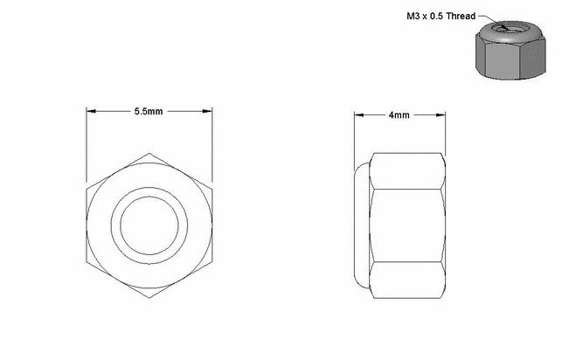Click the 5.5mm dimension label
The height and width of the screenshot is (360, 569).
(x=149, y=112)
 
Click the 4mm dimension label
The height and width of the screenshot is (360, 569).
(x=399, y=115)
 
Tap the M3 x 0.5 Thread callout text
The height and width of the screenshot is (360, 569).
(x=441, y=16)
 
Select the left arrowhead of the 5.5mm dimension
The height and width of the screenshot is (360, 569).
(x=91, y=111)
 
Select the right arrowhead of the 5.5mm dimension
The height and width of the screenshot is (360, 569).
(x=207, y=111)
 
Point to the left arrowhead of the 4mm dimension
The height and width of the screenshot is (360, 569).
(x=359, y=115)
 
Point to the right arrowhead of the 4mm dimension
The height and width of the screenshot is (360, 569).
(x=441, y=115)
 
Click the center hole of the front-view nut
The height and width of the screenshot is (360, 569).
(x=149, y=225)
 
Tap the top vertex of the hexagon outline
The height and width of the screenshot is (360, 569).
(x=149, y=153)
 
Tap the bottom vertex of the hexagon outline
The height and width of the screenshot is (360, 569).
(x=149, y=298)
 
